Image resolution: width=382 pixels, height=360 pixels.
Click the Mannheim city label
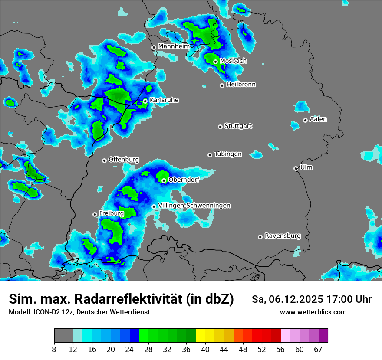174,46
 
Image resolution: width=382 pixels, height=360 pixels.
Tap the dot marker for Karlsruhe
145,101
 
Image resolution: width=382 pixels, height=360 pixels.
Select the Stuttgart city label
238,126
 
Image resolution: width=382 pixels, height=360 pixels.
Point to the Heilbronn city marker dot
222,85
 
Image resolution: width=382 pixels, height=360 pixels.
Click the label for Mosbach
233,61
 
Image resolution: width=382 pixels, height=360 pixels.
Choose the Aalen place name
318,119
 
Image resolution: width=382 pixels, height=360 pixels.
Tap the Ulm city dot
296,168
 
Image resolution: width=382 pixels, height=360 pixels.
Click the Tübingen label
228,154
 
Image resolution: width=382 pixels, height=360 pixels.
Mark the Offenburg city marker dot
104,160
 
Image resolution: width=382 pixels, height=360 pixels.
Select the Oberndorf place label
184,180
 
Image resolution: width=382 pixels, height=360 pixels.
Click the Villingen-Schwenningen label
194,206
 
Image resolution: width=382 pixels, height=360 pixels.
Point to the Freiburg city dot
95,214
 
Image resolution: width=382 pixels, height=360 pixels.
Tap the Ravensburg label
283,236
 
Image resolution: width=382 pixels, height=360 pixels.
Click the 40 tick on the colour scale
205,349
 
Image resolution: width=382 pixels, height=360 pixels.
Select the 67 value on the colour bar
318,349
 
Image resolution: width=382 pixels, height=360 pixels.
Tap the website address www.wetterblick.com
313,312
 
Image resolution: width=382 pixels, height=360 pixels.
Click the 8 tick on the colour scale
54,349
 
